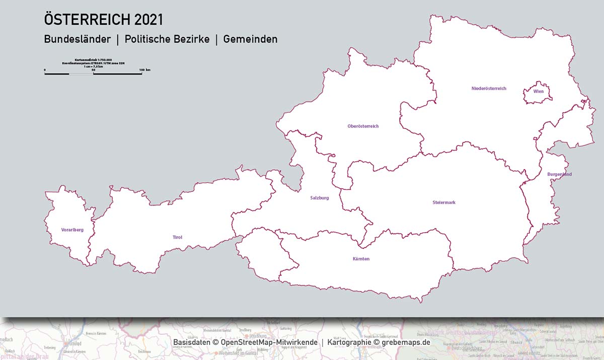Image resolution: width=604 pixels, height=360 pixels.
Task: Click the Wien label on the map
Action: coord(539,92)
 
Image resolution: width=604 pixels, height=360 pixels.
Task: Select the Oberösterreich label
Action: coord(363,126)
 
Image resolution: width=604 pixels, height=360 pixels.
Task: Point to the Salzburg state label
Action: coord(320,198)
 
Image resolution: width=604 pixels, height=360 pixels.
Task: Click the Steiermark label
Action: coord(444,202)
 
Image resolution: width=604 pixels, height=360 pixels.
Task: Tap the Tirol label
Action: coord(177,237)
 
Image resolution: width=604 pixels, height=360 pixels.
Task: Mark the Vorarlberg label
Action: coord(72,230)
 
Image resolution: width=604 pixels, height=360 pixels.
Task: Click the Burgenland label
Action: coord(559,174)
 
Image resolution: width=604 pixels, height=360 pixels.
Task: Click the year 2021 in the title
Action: coord(148,20)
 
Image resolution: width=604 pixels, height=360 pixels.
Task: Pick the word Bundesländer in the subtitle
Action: coord(77,39)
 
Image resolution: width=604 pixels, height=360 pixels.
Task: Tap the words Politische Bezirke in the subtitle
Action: coord(167,39)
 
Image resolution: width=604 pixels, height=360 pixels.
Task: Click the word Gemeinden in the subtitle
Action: coord(250,39)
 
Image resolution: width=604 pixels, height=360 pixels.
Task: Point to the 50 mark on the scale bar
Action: coord(93,69)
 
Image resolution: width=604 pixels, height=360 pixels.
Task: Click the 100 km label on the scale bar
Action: coord(144,69)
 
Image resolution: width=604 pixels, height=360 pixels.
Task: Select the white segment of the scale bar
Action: coord(81,74)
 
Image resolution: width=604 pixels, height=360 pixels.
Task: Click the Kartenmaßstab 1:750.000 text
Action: coord(93,59)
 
